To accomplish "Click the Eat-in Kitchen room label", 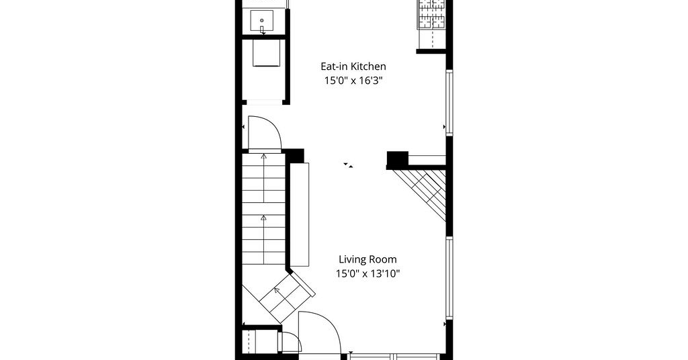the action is click(353, 66).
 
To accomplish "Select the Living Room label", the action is click(368, 259).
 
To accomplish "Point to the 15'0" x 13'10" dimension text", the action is click(368, 273).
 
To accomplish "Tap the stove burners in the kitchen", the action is click(432, 14).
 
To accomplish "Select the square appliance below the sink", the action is click(265, 53).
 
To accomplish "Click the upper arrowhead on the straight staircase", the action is click(263, 155).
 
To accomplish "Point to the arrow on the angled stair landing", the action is click(277, 289).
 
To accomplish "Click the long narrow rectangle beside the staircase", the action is click(300, 214).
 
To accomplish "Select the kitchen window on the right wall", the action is click(449, 103).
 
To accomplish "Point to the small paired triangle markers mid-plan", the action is click(348, 165).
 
